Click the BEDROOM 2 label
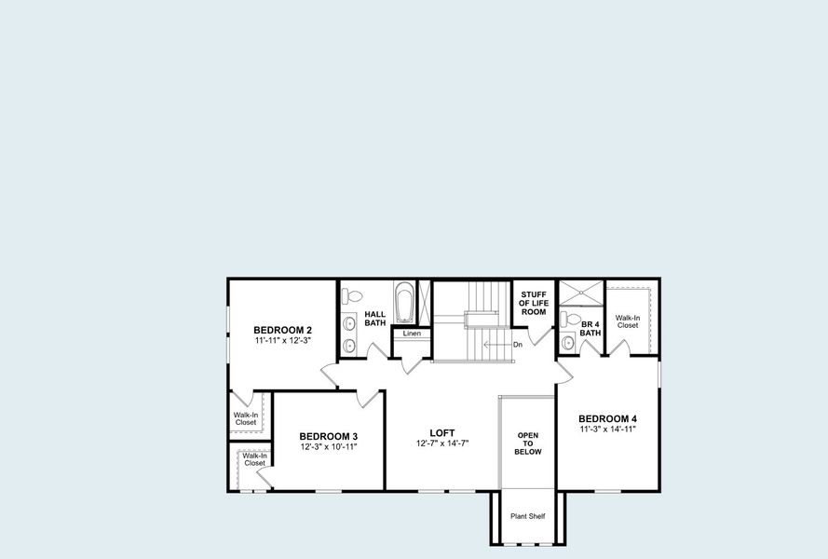pyautogui.click(x=282, y=330)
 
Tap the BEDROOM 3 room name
pyautogui.click(x=328, y=436)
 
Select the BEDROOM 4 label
pyautogui.click(x=607, y=418)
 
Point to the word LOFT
pyautogui.click(x=441, y=432)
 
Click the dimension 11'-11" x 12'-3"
pyautogui.click(x=282, y=341)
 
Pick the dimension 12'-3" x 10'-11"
pyautogui.click(x=328, y=447)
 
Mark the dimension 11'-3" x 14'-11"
pyautogui.click(x=607, y=429)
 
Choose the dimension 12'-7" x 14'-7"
pyautogui.click(x=441, y=443)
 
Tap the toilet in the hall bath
pyautogui.click(x=352, y=296)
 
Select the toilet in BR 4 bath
pyautogui.click(x=571, y=320)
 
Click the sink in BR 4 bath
pyautogui.click(x=568, y=342)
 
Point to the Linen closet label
pyautogui.click(x=412, y=334)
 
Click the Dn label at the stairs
pyautogui.click(x=517, y=345)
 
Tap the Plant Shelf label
pyautogui.click(x=527, y=516)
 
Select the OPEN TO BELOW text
pyautogui.click(x=528, y=443)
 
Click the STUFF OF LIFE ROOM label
pyautogui.click(x=534, y=303)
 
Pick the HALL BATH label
pyautogui.click(x=374, y=319)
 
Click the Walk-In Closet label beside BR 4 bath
pyautogui.click(x=627, y=320)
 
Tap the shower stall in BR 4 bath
pyautogui.click(x=580, y=293)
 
